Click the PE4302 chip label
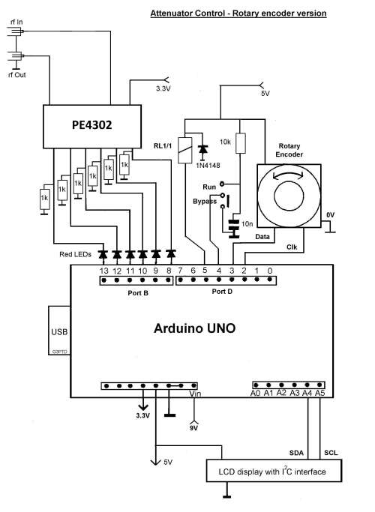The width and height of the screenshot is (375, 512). (91, 124)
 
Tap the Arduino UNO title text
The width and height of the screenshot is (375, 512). (194, 328)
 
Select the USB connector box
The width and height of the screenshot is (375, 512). (59, 331)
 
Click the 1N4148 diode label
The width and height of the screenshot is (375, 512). (208, 166)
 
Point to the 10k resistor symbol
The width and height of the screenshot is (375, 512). (241, 143)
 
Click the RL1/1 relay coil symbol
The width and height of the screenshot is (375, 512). (185, 150)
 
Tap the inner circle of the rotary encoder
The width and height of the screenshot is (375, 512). (289, 196)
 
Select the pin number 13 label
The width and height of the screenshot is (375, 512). (104, 271)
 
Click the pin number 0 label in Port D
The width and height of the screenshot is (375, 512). (270, 271)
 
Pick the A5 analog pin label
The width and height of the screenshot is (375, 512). (319, 393)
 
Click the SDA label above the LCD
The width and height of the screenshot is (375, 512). (296, 453)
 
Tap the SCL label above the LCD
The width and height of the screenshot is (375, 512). (331, 453)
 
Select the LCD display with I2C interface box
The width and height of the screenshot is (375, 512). (274, 471)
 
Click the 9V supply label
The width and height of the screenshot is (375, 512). (193, 428)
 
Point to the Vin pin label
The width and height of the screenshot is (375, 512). (195, 394)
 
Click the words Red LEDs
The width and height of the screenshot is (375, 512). (75, 254)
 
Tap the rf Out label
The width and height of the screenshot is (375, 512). (16, 75)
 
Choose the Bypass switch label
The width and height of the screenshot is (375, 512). (205, 201)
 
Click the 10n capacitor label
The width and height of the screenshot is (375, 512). (247, 223)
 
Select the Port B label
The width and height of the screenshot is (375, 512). (138, 293)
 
